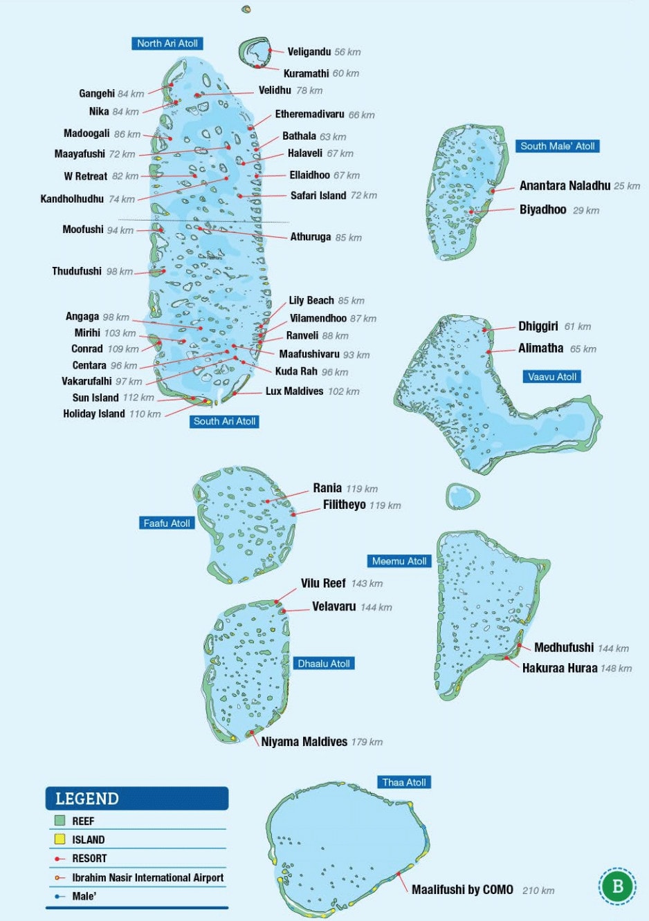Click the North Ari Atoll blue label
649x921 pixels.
(167, 44)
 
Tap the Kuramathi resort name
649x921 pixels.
(306, 73)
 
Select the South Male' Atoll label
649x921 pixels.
(557, 147)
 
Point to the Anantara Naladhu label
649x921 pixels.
(565, 185)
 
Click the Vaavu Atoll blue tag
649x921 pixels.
(551, 377)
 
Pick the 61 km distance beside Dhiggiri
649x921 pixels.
(577, 326)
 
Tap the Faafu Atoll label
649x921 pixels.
(166, 523)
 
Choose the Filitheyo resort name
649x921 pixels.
(344, 505)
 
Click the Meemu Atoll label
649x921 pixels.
(399, 561)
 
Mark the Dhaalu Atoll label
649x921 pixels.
(324, 664)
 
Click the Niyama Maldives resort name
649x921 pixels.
(304, 742)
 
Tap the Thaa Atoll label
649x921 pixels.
(404, 783)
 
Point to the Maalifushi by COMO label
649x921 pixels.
(462, 890)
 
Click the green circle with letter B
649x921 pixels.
(617, 886)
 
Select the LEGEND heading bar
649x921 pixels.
(137, 799)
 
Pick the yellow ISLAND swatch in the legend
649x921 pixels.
(60, 839)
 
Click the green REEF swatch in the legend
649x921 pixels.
(60, 821)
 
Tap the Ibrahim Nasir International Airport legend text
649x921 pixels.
(147, 877)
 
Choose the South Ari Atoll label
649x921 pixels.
(224, 421)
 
